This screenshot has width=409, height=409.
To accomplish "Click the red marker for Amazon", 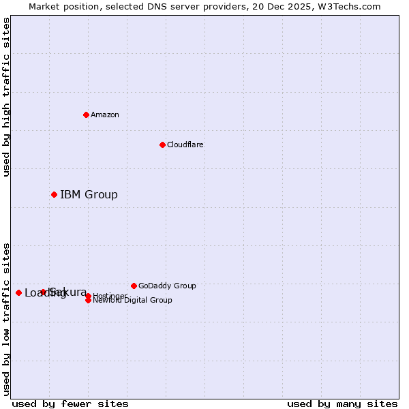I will tap(86, 115).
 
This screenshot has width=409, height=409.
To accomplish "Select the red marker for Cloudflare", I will tap(162, 145).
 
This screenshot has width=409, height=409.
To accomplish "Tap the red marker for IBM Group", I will tap(54, 195).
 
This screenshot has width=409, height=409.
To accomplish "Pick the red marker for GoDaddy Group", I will tap(134, 286).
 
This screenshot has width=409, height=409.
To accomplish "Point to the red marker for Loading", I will tap(18, 292).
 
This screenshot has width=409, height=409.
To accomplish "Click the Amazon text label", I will tap(105, 115).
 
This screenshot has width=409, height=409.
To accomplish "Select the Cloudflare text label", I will tap(185, 145).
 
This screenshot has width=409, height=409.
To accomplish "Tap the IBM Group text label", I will tap(89, 195).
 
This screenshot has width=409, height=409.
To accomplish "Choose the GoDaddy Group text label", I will tap(167, 286).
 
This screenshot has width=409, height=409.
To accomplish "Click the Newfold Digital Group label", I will tap(132, 300).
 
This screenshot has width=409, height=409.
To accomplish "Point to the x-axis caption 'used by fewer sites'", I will tap(70, 404).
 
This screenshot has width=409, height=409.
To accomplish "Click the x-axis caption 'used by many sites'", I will tap(342, 404).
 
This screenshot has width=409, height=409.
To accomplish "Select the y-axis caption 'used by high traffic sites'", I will tap(7, 97).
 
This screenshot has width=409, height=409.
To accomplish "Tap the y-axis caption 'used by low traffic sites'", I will tap(7, 319).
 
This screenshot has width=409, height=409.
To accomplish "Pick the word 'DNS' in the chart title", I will tap(146, 6).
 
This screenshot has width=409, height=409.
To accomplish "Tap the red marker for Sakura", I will tap(43, 292).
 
